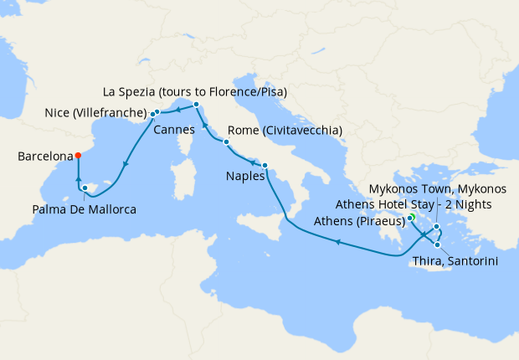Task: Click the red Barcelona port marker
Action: click(77, 155)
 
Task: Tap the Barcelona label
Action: click(44, 156)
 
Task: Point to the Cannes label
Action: click(173, 130)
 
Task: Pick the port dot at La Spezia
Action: click(196, 105)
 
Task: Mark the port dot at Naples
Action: click(265, 165)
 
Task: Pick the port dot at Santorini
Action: click(437, 244)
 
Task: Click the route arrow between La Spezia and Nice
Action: click(177, 110)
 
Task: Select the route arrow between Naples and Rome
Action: click(247, 157)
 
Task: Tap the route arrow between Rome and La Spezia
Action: click(206, 125)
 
